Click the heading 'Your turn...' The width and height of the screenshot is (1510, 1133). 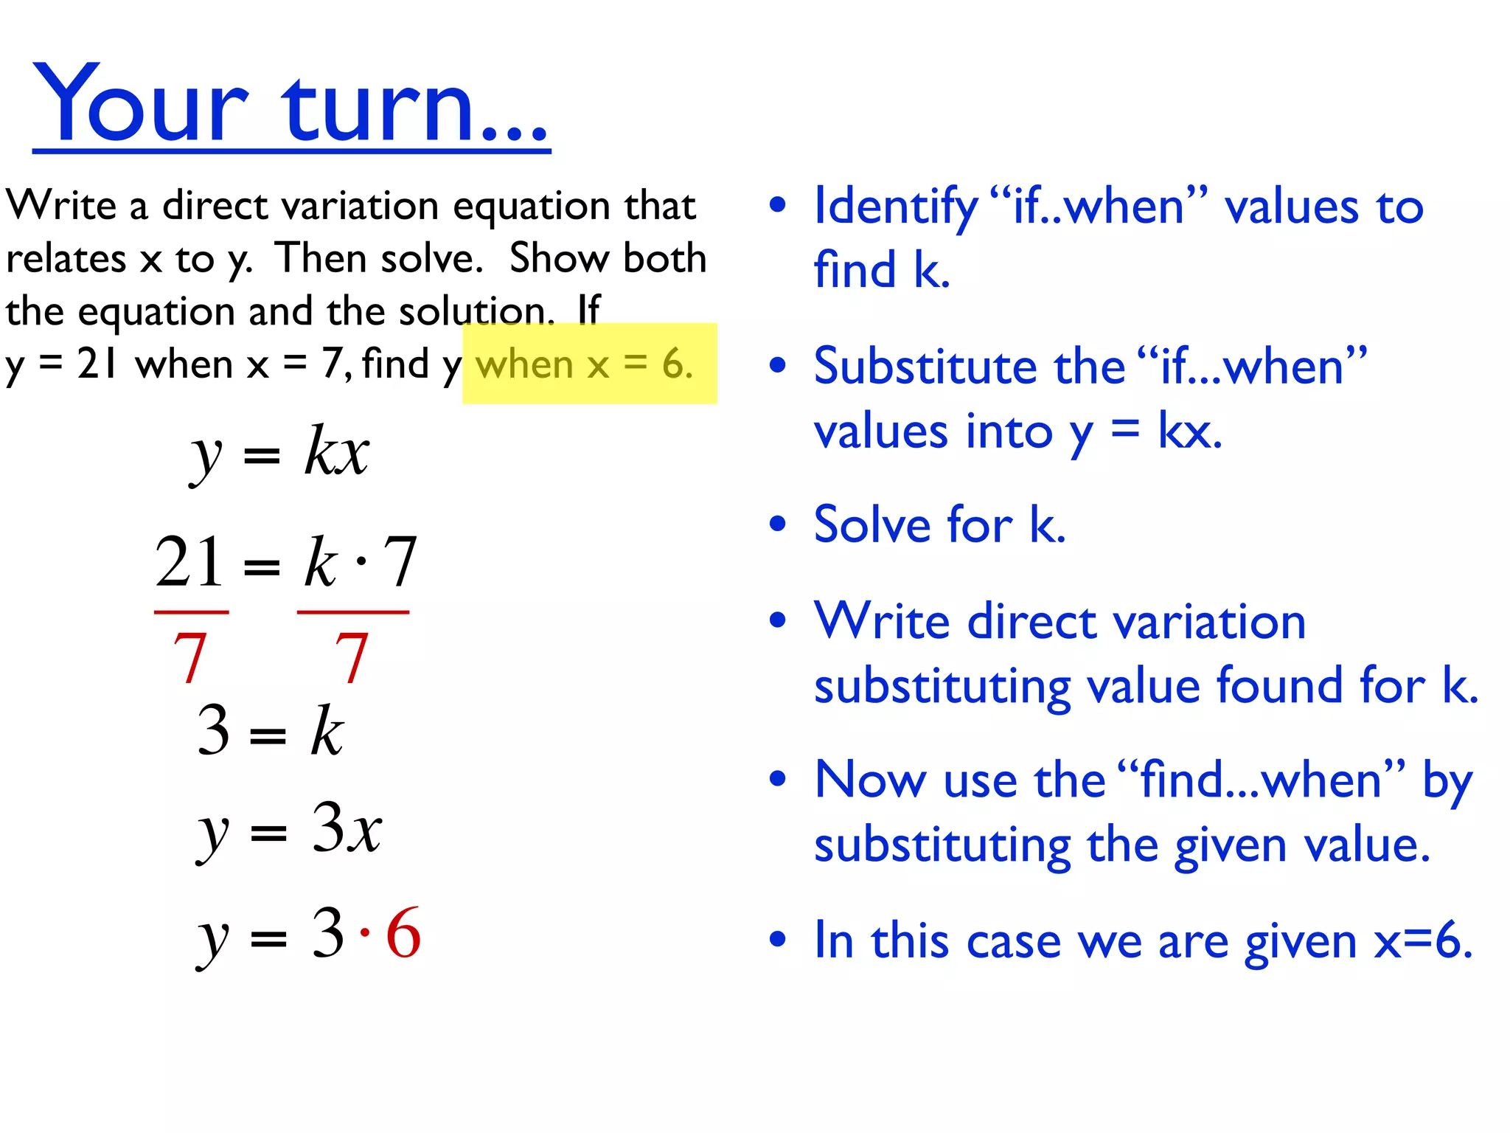click(290, 103)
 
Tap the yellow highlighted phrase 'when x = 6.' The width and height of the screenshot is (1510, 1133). click(585, 364)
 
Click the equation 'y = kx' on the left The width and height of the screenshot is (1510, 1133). click(280, 452)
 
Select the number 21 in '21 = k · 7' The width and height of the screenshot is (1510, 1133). click(189, 563)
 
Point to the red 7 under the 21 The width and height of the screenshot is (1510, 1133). click(189, 657)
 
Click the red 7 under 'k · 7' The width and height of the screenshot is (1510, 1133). click(351, 657)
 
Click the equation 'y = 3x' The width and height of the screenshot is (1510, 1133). click(289, 829)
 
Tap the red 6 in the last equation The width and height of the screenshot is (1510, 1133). click(403, 934)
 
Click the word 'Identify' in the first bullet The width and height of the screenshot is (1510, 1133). click(895, 207)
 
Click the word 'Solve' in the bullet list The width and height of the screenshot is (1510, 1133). click(872, 525)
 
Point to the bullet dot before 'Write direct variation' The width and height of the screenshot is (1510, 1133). click(777, 620)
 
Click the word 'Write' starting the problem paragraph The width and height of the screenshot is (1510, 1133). click(60, 205)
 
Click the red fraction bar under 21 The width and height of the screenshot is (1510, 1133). click(191, 612)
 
